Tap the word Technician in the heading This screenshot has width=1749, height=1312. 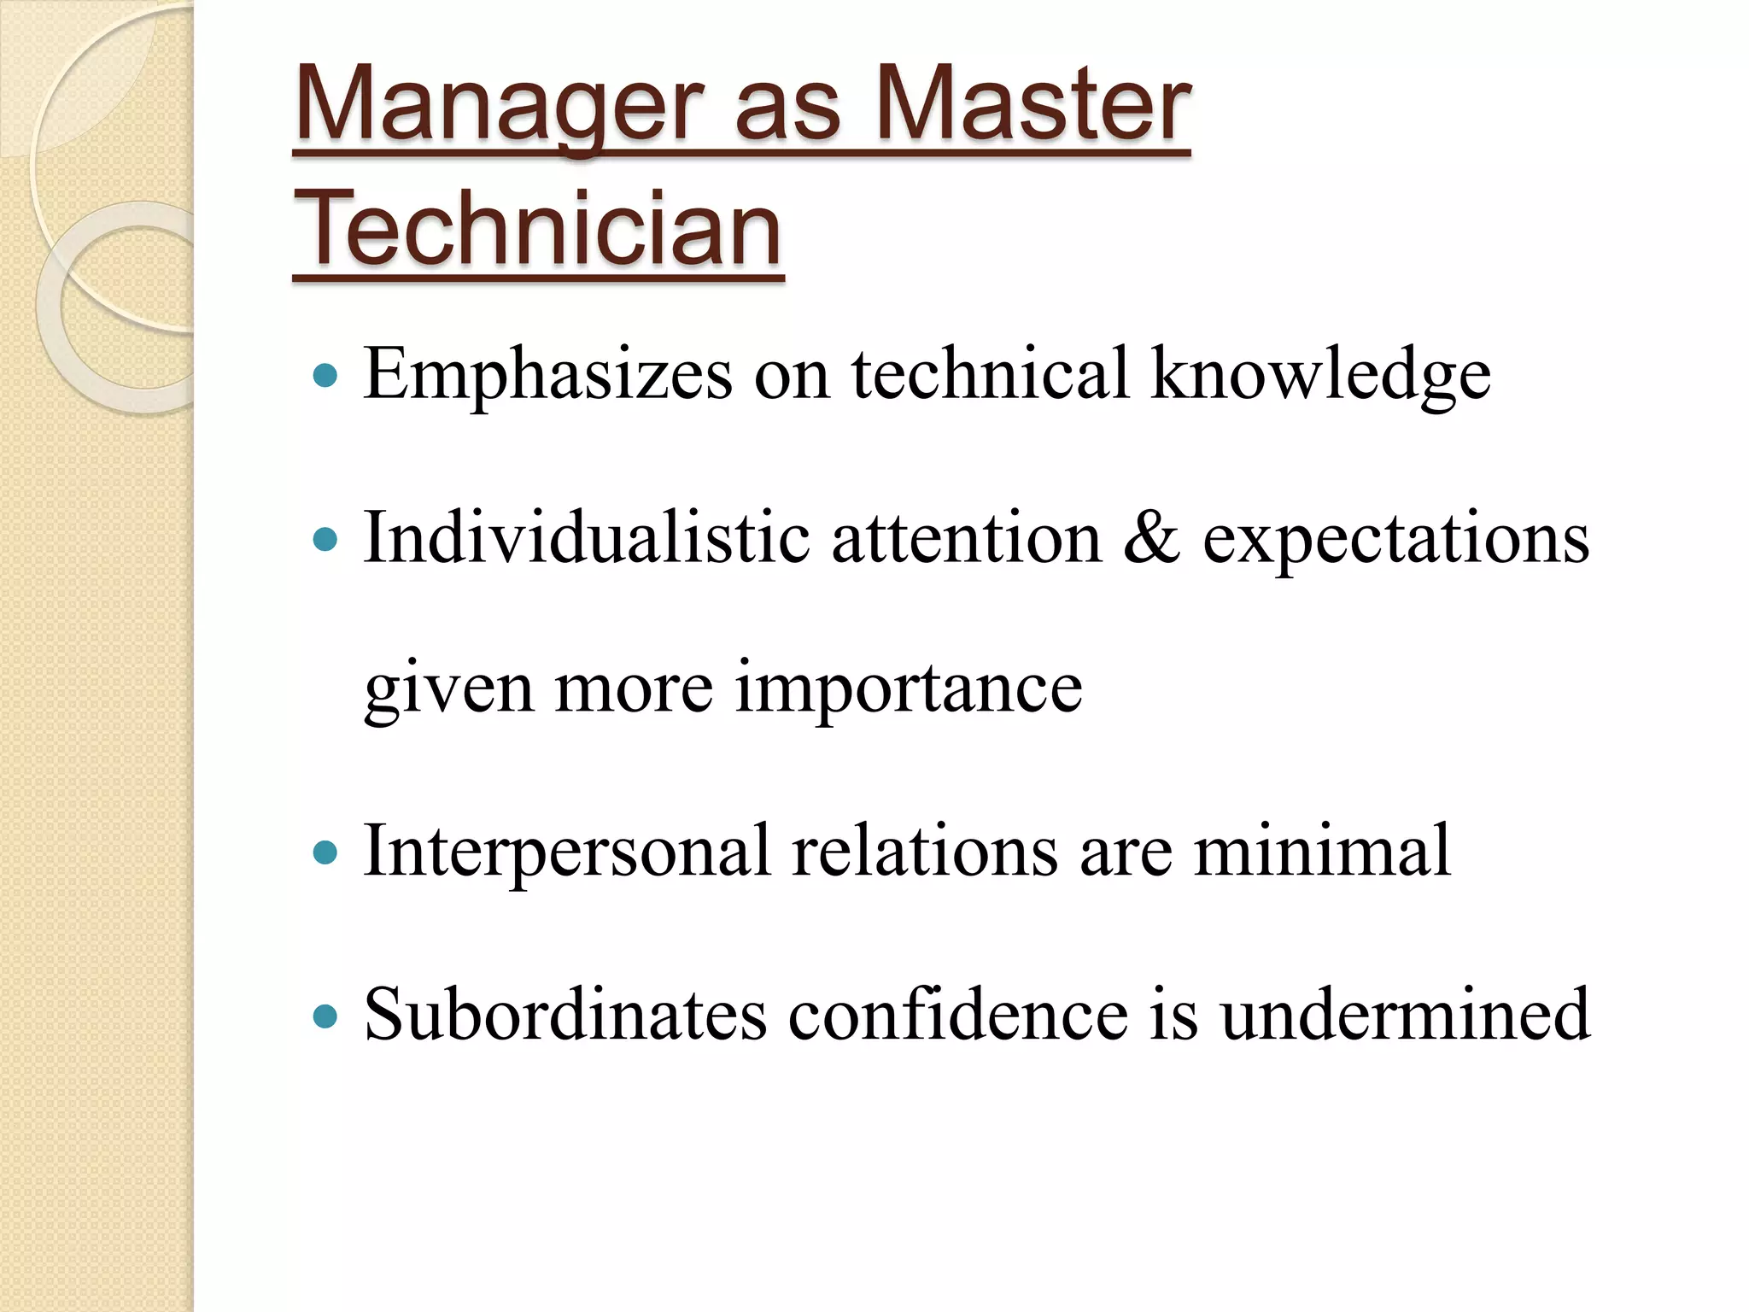tap(538, 229)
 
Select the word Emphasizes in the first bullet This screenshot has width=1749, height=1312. tap(547, 374)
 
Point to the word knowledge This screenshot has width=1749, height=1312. tap(1320, 374)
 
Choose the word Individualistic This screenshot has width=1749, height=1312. tap(587, 538)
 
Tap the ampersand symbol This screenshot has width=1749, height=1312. tap(1152, 538)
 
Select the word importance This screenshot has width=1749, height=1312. tap(908, 688)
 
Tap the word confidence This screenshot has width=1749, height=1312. tap(957, 1014)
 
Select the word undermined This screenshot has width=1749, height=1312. tap(1405, 1014)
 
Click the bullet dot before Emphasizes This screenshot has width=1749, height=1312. tap(325, 375)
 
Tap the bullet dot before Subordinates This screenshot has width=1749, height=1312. tap(325, 1016)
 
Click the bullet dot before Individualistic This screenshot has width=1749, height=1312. tap(325, 540)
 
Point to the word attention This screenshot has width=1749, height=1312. tap(967, 538)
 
